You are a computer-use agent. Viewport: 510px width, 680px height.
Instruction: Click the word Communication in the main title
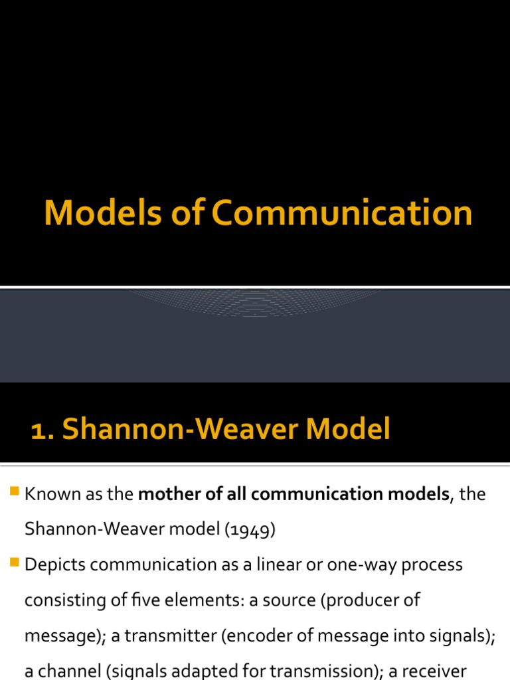343,214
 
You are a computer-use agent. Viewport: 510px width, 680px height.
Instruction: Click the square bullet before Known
15,493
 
